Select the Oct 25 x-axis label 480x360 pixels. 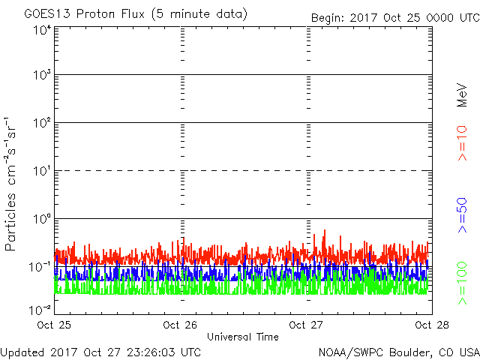(54, 325)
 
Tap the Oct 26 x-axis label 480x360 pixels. (180, 325)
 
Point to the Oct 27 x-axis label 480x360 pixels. (306, 325)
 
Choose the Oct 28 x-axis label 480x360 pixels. (432, 325)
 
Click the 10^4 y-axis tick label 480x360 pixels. (42, 31)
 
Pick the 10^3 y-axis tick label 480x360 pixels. (42, 75)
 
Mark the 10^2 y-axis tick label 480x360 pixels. (42, 123)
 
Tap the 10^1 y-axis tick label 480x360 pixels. (42, 171)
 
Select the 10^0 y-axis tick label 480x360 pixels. (42, 219)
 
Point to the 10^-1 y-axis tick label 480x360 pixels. (40, 267)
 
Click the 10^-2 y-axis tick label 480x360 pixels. (40, 310)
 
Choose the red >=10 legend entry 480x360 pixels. (462, 143)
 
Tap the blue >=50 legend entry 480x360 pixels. (462, 215)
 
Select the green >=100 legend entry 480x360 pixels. (462, 283)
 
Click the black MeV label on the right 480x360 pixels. (462, 95)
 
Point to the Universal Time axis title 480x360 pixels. (243, 337)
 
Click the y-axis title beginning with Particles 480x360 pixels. (10, 184)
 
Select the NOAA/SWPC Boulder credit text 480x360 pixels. (399, 352)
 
